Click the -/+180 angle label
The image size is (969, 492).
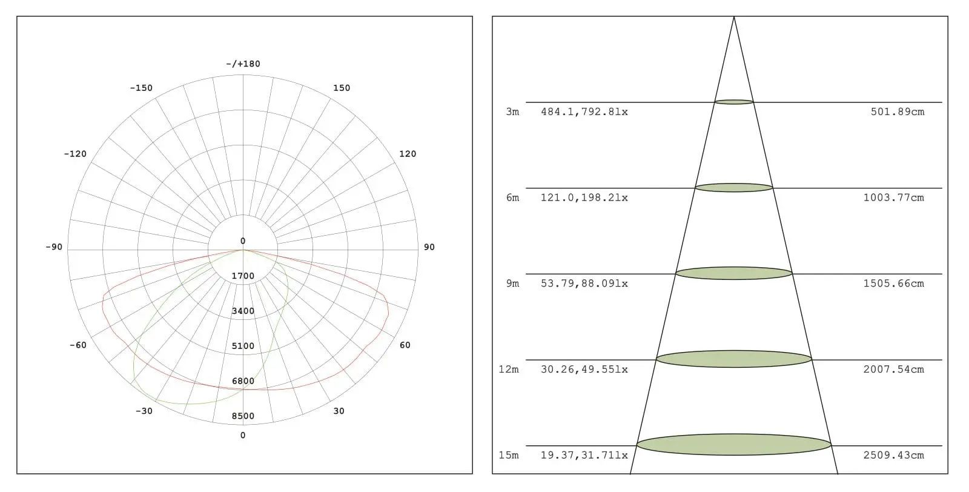pyautogui.click(x=243, y=64)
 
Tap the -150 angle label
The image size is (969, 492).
pyautogui.click(x=141, y=88)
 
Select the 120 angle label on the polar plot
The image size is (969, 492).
pyautogui.click(x=408, y=154)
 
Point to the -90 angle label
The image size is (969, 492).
pyautogui.click(x=54, y=247)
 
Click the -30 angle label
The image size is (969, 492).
pyautogui.click(x=144, y=411)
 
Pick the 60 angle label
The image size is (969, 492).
pyautogui.click(x=405, y=345)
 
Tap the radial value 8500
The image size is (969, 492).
pyautogui.click(x=243, y=416)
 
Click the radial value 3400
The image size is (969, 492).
pyautogui.click(x=243, y=311)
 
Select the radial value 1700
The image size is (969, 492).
pyautogui.click(x=243, y=276)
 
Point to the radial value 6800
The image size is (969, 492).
pyautogui.click(x=243, y=381)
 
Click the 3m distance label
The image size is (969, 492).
pyautogui.click(x=512, y=112)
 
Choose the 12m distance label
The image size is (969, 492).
pyautogui.click(x=509, y=370)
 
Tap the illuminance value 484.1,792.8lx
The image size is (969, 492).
pyautogui.click(x=584, y=112)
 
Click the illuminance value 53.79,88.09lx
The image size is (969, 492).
pyautogui.click(x=584, y=284)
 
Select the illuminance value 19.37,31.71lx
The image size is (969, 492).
pyautogui.click(x=584, y=456)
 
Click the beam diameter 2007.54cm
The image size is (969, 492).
pyautogui.click(x=894, y=370)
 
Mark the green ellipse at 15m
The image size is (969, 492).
pyautogui.click(x=733, y=445)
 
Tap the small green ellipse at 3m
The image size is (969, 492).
pyautogui.click(x=734, y=102)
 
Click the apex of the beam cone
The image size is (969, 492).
pyautogui.click(x=734, y=18)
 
